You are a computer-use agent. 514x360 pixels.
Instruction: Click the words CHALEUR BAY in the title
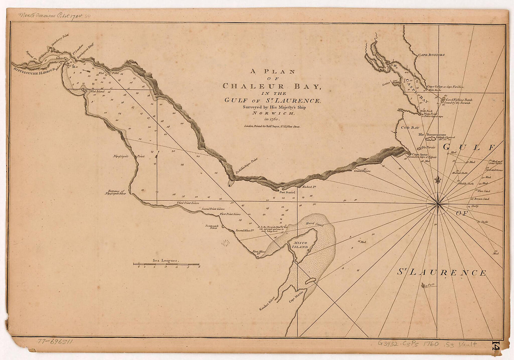click(272, 86)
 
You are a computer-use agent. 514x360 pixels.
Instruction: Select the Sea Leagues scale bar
click(166, 264)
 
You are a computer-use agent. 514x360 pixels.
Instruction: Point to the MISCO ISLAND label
click(300, 245)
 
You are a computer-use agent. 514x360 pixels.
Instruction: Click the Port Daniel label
click(287, 192)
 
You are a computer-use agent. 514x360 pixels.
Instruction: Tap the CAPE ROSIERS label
click(431, 55)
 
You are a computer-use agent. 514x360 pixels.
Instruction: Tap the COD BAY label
click(410, 128)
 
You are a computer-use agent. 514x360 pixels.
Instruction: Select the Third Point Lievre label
click(188, 203)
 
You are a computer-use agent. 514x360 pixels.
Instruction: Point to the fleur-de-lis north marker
click(437, 180)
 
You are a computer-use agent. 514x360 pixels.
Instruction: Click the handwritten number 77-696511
click(55, 341)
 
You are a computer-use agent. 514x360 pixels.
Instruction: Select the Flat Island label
click(97, 92)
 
